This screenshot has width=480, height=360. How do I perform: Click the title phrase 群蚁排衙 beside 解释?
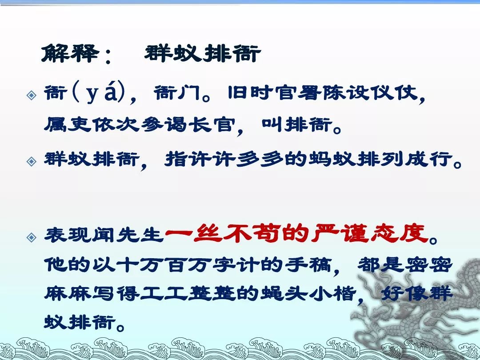pyautogui.click(x=203, y=54)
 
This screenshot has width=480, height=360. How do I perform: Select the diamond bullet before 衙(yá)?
pyautogui.click(x=32, y=95)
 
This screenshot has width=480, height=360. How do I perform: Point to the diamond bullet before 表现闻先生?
pyautogui.click(x=32, y=237)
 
